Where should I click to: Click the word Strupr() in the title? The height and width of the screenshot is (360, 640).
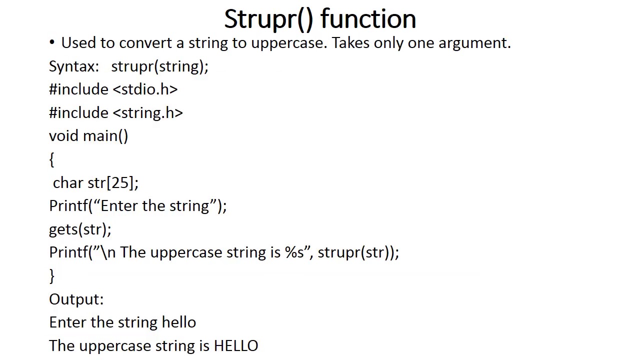tap(268, 19)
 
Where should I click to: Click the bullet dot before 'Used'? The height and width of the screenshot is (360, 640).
tap(52, 42)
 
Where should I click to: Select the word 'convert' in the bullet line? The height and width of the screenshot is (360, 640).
tap(145, 43)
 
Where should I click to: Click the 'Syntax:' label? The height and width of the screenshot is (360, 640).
tap(73, 66)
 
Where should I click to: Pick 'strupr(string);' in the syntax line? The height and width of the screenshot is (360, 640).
tap(159, 66)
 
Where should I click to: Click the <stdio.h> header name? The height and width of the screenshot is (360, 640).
tap(145, 89)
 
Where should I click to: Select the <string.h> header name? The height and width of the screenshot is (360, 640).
tap(147, 113)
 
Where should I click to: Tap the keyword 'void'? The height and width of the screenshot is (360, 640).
tap(63, 136)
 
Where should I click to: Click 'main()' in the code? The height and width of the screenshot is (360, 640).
tap(105, 136)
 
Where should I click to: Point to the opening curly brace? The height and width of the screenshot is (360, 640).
tap(51, 159)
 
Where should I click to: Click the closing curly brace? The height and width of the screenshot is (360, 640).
tap(51, 276)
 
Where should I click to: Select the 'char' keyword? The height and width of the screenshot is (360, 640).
tap(68, 183)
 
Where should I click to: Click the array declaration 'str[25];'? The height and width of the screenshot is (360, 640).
tap(113, 183)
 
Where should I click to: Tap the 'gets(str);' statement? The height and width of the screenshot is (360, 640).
tap(80, 229)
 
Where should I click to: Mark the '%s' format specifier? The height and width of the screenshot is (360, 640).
tap(294, 252)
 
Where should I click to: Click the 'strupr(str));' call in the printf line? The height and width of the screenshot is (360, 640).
tap(358, 252)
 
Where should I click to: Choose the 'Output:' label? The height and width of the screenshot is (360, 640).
tap(76, 299)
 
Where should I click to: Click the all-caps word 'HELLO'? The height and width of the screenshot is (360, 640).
tap(236, 346)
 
